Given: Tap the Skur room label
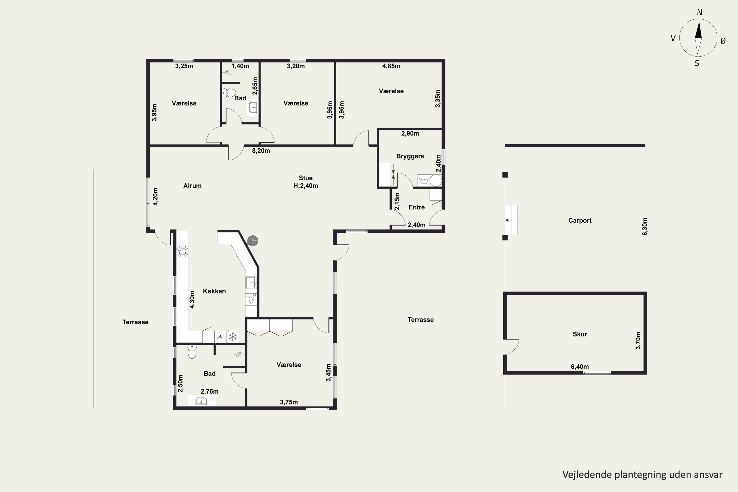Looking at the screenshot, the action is coord(580,334).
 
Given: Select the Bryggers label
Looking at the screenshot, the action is coord(410,156).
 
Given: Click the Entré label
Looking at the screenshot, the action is coord(416,207).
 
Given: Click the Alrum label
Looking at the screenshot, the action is coord(192,186).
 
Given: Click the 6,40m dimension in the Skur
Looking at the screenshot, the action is coord(580,367).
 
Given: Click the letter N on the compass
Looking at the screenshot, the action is coord(699,13).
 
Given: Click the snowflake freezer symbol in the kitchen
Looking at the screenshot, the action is coord(232,337).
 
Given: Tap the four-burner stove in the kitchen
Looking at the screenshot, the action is coord(182,251).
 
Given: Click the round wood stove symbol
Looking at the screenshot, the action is coord(253,241).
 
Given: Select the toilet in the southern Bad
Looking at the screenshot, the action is coord(192,352).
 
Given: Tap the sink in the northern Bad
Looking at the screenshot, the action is coord(253,107).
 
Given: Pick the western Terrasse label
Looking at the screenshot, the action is coord(136,322).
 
